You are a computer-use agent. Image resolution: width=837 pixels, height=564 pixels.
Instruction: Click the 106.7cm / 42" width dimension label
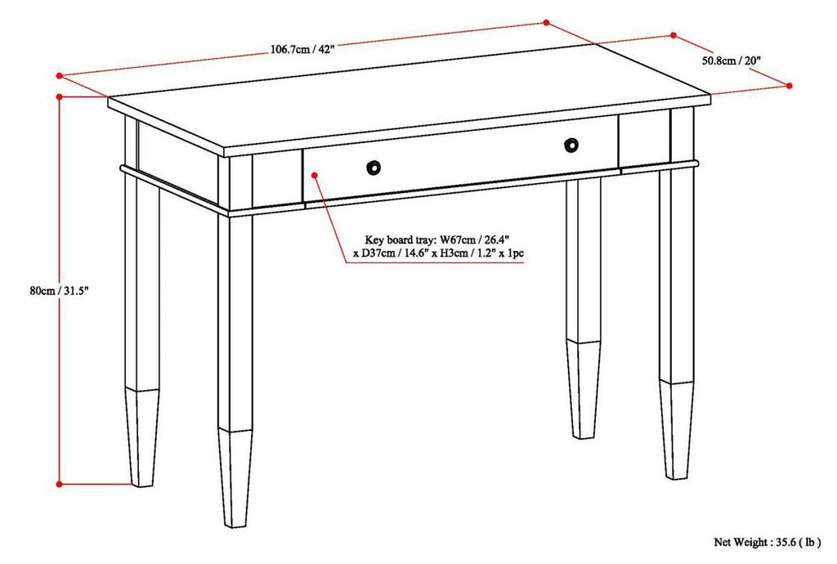click(x=302, y=49)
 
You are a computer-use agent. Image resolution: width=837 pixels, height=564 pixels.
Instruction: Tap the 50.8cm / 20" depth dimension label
click(x=732, y=60)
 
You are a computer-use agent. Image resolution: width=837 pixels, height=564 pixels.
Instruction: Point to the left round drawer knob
click(x=374, y=167)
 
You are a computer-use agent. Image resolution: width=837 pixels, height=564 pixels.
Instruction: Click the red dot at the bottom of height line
click(x=59, y=484)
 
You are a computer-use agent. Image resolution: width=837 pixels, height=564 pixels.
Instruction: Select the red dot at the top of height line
click(x=59, y=96)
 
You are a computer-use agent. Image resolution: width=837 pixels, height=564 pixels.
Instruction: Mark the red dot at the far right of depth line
click(x=790, y=84)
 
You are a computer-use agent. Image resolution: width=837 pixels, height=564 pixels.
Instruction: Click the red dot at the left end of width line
click(x=59, y=75)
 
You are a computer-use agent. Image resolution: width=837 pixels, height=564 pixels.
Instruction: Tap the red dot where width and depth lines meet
click(x=546, y=23)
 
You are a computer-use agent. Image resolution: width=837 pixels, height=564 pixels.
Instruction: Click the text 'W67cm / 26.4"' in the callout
click(x=474, y=240)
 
